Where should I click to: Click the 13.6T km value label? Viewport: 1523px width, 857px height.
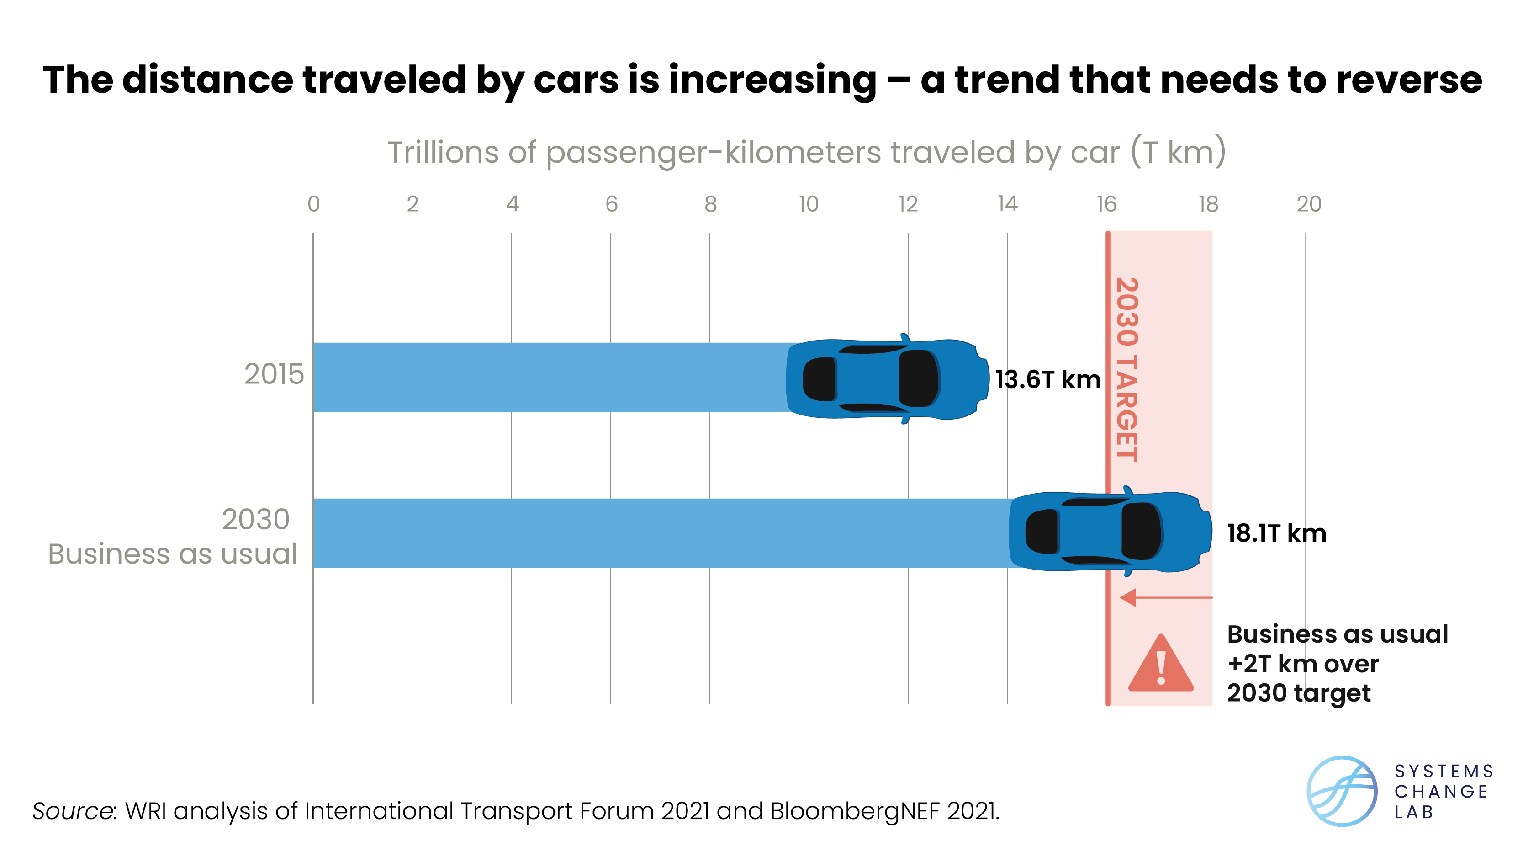click(1047, 380)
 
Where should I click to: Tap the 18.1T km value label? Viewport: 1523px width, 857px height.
click(1276, 533)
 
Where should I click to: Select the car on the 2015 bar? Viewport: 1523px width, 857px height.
click(887, 378)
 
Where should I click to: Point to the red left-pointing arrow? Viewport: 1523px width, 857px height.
click(1165, 597)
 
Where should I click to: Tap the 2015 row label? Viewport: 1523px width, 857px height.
click(274, 374)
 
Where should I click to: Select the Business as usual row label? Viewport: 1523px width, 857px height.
click(172, 554)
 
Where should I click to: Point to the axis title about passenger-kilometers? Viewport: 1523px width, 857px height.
click(806, 153)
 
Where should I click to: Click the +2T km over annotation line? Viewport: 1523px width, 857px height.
click(1302, 664)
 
